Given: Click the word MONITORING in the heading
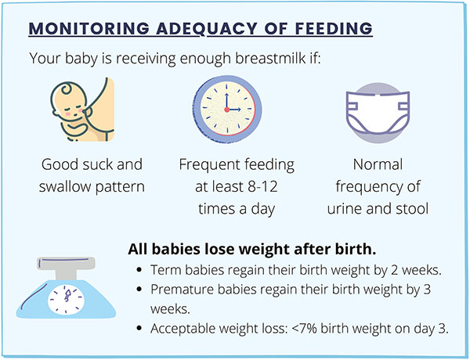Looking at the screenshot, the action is coord(89,28).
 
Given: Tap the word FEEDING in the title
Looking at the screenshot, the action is coord(334,28).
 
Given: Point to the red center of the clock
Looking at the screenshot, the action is coord(227,110).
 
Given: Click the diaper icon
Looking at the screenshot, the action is coord(378,113).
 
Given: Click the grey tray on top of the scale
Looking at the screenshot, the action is coord(66,263).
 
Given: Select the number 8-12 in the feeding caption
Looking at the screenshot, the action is coord(263,186).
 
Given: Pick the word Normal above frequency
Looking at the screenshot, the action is coord(378,164).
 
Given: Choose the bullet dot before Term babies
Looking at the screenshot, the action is coord(139,269).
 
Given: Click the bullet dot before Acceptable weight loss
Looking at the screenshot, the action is coord(139,328).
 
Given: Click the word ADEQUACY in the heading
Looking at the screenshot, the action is coord(207,28).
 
